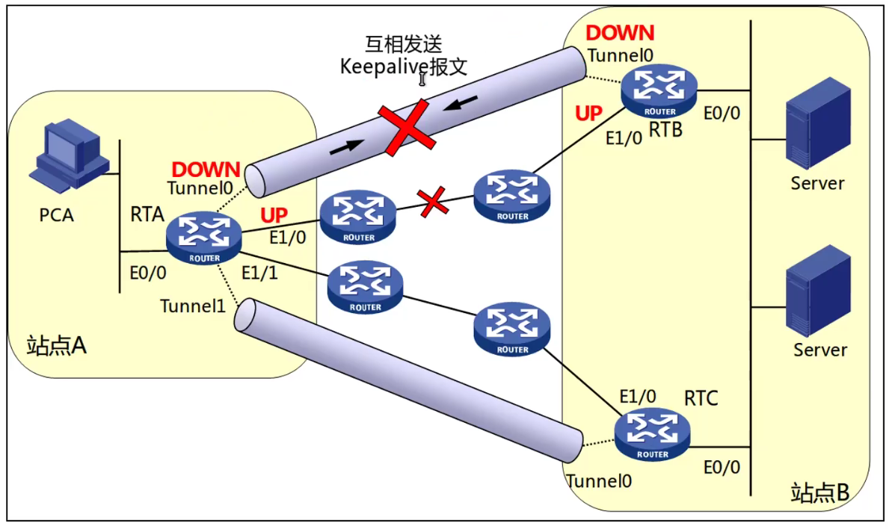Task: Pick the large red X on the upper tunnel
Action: [x=406, y=129]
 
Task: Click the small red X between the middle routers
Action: [x=433, y=202]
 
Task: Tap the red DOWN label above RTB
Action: [x=620, y=33]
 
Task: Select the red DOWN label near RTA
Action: [x=206, y=170]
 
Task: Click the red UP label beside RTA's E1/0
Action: [x=274, y=215]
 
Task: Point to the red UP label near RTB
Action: [x=588, y=114]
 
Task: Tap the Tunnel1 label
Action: [x=193, y=306]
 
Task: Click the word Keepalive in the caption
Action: [x=378, y=66]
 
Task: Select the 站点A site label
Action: [x=57, y=345]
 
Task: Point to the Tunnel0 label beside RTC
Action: [x=599, y=480]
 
